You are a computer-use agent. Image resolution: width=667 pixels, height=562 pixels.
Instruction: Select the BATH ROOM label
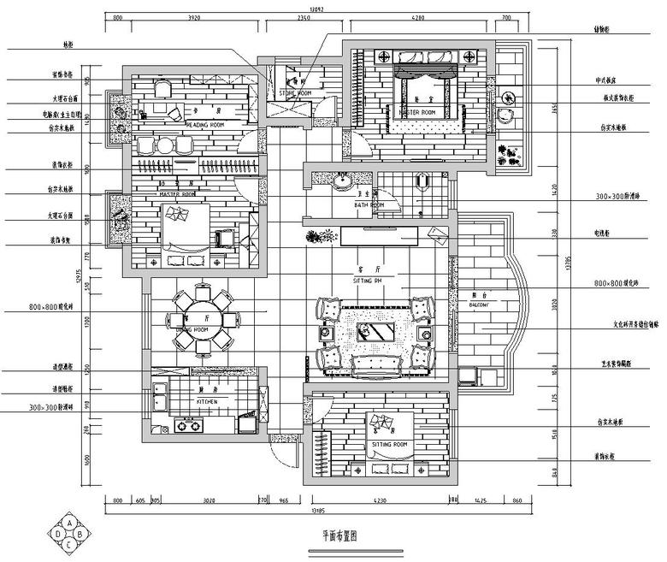[369, 206]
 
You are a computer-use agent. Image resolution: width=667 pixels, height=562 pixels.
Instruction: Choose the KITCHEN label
[206, 401]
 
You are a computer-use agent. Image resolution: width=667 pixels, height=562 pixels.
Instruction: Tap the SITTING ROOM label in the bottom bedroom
[390, 446]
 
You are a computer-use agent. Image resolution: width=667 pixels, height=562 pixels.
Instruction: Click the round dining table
[202, 319]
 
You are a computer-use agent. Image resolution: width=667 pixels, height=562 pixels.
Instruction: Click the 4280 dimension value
[417, 17]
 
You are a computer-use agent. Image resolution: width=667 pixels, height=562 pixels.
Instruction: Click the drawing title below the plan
[339, 536]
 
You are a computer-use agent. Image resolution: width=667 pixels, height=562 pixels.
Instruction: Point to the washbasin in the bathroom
[345, 181]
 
